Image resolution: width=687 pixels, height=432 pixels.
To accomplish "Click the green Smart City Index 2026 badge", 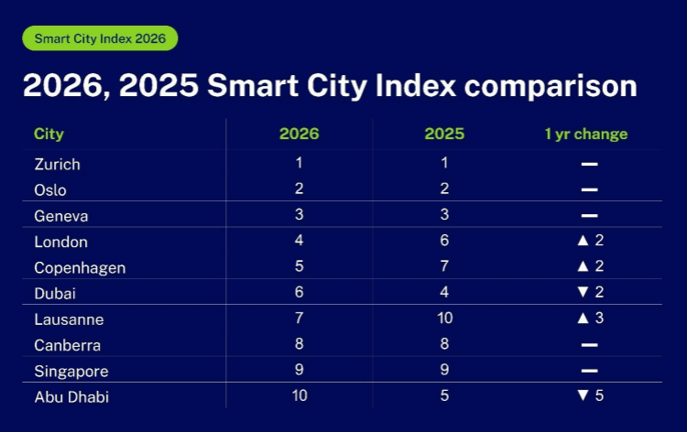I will tap(99, 38).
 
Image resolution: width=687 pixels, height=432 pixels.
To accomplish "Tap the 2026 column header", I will tap(299, 134).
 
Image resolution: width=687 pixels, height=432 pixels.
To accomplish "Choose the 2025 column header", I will tap(444, 134).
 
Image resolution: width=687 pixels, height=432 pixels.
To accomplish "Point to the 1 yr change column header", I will tap(586, 134).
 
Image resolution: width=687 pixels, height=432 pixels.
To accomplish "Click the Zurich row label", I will tap(57, 165).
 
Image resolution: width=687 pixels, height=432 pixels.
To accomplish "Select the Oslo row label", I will tap(50, 190).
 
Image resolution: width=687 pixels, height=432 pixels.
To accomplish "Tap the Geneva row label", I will tap(60, 216).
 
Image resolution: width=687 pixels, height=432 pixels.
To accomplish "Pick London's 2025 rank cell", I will tap(444, 242).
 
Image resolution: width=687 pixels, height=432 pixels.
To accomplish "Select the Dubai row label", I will tap(53, 294).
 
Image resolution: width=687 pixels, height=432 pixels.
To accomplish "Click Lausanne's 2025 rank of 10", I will tap(444, 319).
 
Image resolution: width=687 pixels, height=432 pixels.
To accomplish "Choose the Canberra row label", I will tap(67, 345).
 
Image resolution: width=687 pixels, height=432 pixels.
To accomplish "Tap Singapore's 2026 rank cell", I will tap(299, 371).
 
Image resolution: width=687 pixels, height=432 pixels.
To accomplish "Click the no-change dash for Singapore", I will tap(589, 372).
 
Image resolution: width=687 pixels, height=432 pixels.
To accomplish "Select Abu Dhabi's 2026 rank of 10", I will tap(299, 396).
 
